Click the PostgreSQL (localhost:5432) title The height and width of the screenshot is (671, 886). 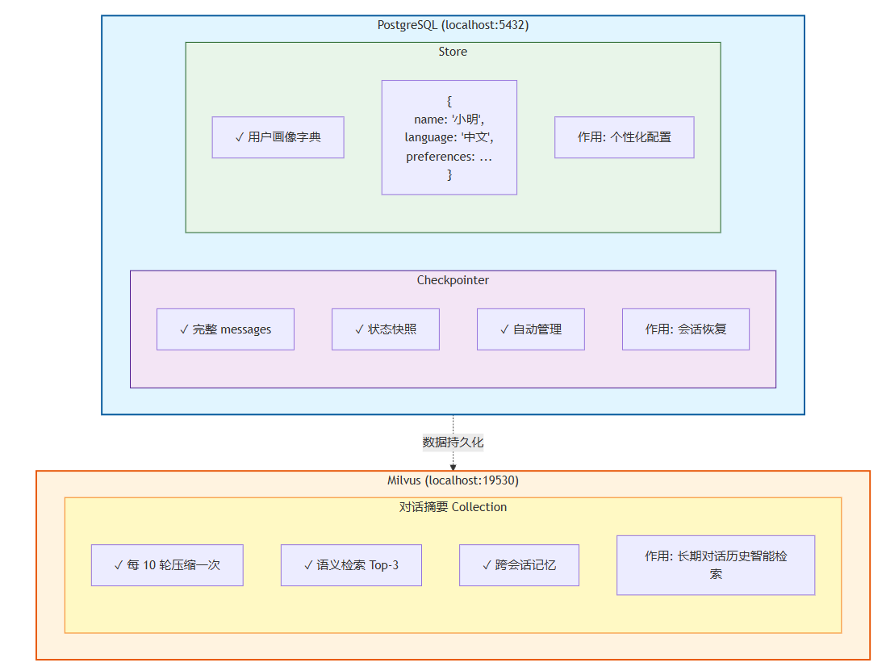click(453, 25)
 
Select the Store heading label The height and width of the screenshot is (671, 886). click(453, 52)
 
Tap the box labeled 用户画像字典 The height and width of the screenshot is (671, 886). click(278, 137)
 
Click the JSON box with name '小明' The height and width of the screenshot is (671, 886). click(449, 137)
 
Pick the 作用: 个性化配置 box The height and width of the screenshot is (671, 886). click(624, 137)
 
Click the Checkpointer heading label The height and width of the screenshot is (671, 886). click(453, 280)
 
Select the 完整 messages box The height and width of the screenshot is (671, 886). click(225, 329)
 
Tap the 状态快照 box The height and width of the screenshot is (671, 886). click(385, 329)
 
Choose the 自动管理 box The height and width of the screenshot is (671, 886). click(530, 329)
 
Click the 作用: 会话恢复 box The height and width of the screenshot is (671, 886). click(685, 329)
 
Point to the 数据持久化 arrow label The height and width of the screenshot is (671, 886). click(453, 442)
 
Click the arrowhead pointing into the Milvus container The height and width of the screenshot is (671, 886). click(453, 467)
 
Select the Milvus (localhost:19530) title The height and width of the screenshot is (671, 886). click(453, 480)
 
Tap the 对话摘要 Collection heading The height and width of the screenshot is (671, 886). click(453, 507)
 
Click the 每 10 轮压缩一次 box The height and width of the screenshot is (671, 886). click(167, 565)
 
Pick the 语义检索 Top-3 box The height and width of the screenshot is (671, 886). click(351, 565)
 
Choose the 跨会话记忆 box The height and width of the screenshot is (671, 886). click(519, 565)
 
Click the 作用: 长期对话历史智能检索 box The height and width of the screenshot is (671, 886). click(715, 565)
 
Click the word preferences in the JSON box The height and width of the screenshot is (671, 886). click(440, 157)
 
